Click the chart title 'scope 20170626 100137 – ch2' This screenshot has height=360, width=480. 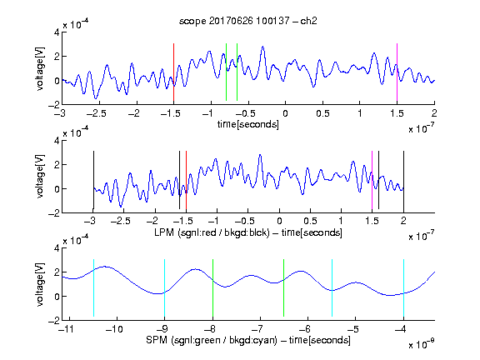248,21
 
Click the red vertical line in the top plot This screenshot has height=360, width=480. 173,72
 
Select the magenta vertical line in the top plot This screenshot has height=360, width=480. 397,72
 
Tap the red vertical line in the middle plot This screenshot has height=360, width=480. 186,180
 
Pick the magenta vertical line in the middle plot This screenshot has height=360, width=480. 372,180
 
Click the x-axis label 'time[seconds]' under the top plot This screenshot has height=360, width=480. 248,124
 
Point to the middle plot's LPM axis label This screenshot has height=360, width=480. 248,232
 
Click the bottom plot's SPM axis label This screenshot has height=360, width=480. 248,340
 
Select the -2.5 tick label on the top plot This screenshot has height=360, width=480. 96,113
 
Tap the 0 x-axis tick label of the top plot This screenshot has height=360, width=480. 285,113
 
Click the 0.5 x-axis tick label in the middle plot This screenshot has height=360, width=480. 310,221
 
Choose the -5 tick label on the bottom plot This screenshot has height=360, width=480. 353,329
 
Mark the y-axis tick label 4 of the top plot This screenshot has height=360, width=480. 57,32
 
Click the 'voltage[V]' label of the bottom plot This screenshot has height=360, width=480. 40,284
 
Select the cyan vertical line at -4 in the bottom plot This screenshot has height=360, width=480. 403,287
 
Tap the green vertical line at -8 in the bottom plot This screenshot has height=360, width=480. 212,287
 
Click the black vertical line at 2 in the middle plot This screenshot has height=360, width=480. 403,180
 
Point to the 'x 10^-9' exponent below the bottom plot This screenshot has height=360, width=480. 422,345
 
